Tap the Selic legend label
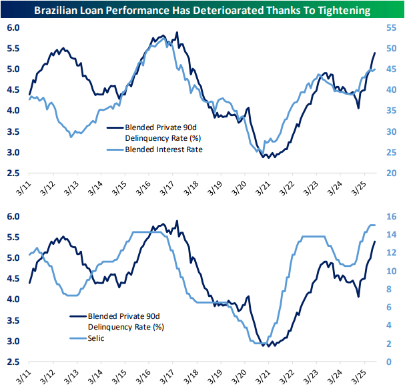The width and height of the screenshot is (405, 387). [97, 338]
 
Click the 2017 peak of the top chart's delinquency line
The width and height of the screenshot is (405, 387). [177, 33]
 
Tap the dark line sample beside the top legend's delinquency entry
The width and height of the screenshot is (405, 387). [96, 125]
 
